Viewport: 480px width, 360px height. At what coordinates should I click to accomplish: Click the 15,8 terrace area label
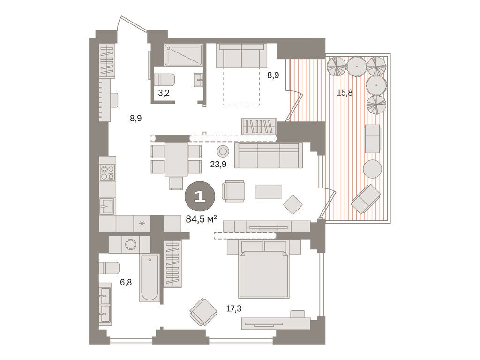(345, 92)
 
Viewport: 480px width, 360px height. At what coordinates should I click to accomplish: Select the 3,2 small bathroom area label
(164, 92)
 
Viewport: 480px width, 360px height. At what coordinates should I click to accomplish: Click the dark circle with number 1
(200, 196)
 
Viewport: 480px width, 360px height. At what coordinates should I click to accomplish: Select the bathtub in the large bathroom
(150, 278)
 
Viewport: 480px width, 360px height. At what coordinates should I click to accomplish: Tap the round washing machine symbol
(130, 244)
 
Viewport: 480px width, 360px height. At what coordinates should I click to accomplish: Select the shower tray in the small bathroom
(183, 55)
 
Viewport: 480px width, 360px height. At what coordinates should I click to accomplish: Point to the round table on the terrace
(373, 169)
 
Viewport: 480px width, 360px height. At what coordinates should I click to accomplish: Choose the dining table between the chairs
(176, 158)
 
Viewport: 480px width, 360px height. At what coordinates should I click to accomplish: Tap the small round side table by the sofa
(223, 151)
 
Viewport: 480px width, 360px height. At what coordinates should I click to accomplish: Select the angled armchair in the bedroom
(203, 311)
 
